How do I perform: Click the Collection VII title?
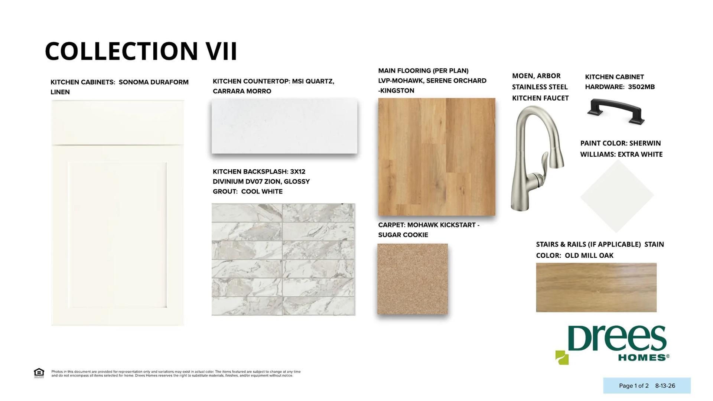click(141, 51)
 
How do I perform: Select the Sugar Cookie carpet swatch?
click(413, 279)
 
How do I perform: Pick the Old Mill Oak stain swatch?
click(596, 287)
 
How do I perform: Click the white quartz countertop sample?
click(284, 126)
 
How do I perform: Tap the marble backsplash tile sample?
click(283, 259)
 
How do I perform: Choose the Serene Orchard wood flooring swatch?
click(436, 157)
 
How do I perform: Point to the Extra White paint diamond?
click(617, 196)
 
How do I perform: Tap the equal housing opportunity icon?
click(39, 373)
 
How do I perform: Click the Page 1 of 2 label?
click(634, 386)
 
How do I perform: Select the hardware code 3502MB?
click(641, 87)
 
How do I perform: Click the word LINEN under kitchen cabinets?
click(60, 92)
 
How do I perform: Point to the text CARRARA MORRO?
click(242, 91)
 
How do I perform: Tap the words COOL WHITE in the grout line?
click(262, 192)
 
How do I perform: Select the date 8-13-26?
click(665, 386)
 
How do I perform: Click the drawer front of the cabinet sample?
click(118, 123)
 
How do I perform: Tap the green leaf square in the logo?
click(562, 358)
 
